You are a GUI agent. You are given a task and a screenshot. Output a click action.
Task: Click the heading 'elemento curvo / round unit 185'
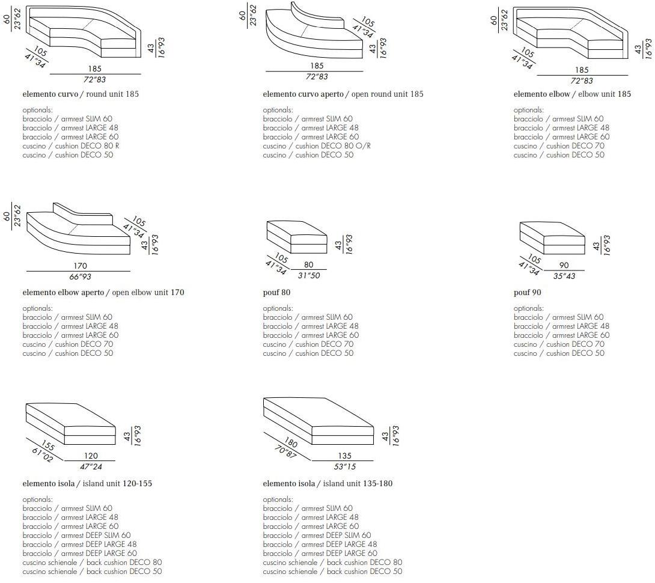(x=81, y=94)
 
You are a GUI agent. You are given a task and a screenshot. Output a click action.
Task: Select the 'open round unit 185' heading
(x=343, y=94)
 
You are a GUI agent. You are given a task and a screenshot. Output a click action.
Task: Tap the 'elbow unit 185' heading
(x=572, y=94)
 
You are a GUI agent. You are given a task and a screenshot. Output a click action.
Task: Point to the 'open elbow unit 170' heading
(x=103, y=293)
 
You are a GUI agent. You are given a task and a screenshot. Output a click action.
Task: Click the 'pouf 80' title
(x=276, y=293)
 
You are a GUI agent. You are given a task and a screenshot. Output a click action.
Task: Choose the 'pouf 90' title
(x=528, y=293)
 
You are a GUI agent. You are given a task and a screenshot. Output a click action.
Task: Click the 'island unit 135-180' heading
(x=327, y=484)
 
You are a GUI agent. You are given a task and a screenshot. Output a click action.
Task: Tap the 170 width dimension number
(x=81, y=266)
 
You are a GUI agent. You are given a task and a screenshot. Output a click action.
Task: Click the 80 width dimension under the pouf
(x=309, y=264)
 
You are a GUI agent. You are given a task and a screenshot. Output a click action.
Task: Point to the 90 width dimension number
(x=563, y=265)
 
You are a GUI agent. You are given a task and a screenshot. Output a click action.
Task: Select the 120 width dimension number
(x=91, y=456)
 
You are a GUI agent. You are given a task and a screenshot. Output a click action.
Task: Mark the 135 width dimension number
(x=344, y=456)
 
